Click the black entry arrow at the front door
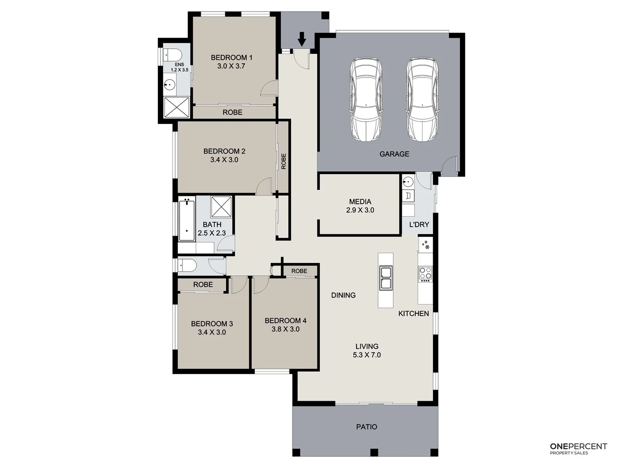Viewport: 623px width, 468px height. coord(302,40)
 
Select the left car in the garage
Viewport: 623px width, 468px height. coord(366,99)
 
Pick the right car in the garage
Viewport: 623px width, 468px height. coord(422,99)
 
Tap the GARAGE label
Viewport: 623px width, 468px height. coord(394,154)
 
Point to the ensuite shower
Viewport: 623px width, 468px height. coord(177,107)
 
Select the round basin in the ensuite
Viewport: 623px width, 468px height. coord(170,85)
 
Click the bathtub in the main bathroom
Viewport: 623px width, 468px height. coord(186,219)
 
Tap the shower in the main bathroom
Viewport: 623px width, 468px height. coord(222,207)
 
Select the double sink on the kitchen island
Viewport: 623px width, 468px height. coord(385,278)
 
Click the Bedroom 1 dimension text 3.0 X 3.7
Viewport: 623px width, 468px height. coord(231,66)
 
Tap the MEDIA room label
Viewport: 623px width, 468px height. coord(360,201)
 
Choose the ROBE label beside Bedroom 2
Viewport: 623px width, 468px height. coord(283,161)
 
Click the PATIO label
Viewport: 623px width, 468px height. coord(366,427)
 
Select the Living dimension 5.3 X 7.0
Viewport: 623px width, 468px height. coord(367,355)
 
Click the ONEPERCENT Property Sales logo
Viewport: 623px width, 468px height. coord(578,448)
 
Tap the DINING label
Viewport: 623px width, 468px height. coord(343,295)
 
